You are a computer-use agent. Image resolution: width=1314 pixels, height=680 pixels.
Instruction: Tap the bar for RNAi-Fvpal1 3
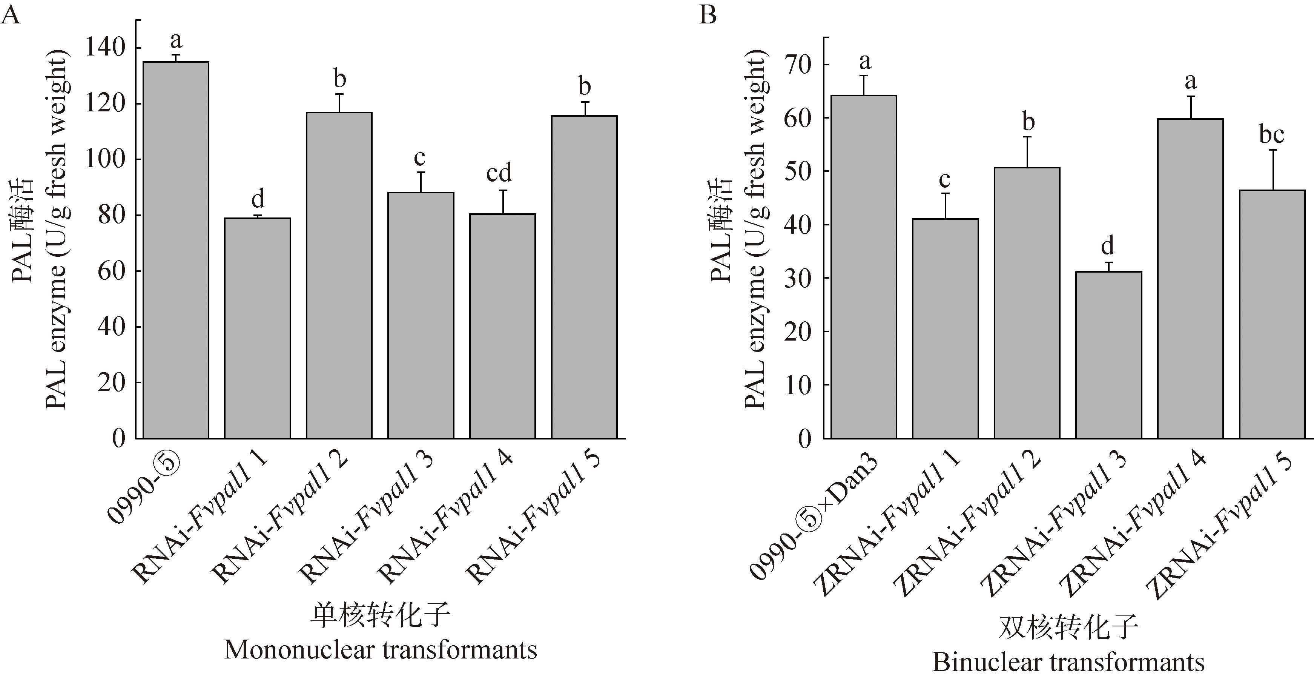[421, 316]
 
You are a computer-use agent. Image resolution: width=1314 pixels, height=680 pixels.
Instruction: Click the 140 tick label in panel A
[106, 48]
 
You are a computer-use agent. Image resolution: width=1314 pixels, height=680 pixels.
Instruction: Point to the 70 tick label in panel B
[799, 65]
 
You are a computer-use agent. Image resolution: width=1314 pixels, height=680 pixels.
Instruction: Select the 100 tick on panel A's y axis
[106, 159]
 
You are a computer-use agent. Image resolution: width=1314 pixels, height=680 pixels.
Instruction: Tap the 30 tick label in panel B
[799, 278]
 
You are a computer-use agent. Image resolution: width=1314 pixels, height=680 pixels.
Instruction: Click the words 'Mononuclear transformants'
[381, 650]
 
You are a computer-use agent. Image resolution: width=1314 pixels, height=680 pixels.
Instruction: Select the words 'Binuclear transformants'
[1068, 663]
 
